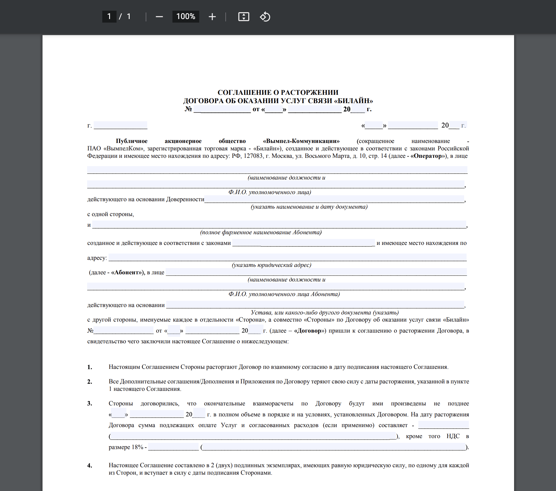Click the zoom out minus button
coord(159,17)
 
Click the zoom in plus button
coord(212,17)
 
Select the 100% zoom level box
coord(186,16)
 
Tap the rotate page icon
coord(265,17)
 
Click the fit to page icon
coord(244,17)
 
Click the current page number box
coord(109,16)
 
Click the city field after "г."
coord(120,125)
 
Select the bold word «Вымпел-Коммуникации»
coord(301,141)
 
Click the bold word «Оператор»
coord(428,156)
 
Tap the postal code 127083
coord(253,156)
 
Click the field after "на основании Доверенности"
coord(334,199)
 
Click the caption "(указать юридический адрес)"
coord(271,265)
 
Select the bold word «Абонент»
coord(127,273)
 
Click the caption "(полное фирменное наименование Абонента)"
coord(261,232)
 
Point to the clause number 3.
coord(89,404)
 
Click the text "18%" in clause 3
coord(138,447)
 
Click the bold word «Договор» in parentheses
coord(309,331)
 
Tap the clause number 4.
coord(89,466)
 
